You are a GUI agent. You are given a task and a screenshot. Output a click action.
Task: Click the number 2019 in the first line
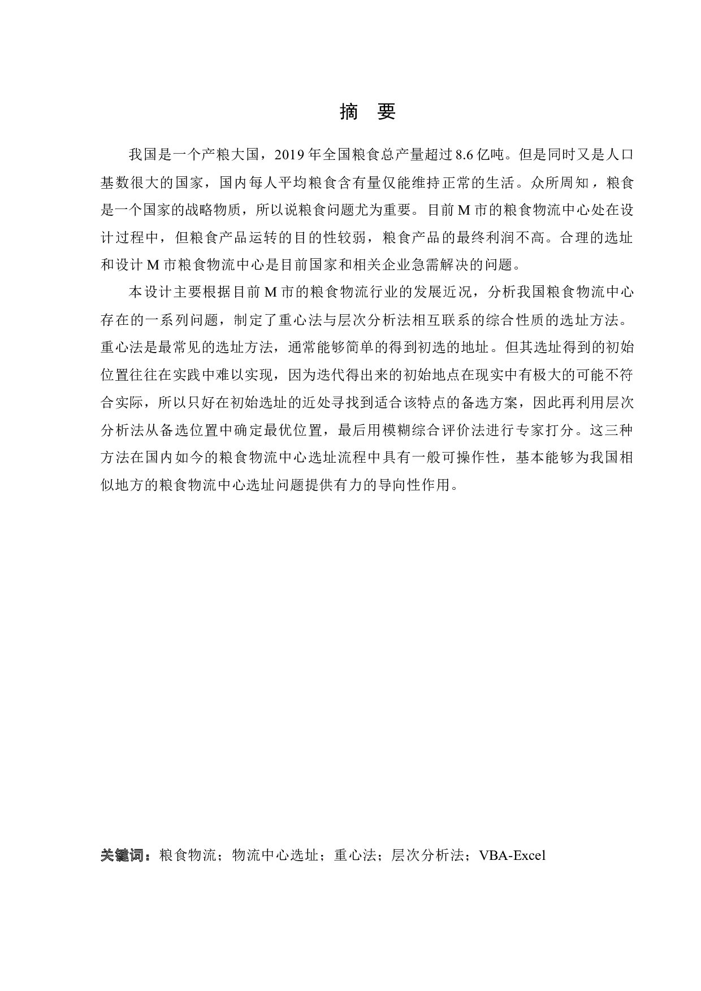(x=290, y=155)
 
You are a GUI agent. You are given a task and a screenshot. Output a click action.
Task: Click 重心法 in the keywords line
(x=355, y=855)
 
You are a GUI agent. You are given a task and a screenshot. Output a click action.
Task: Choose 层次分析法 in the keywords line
(x=427, y=855)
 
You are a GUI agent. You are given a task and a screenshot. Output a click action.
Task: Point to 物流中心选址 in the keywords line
(x=275, y=855)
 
